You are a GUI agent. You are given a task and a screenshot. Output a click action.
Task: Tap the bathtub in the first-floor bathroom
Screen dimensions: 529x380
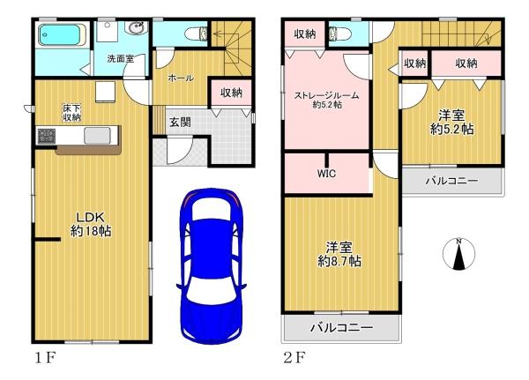(62, 34)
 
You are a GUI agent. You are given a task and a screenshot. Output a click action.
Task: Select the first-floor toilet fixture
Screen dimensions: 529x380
(197, 34)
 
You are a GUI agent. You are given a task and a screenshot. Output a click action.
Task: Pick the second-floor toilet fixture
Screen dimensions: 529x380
(340, 34)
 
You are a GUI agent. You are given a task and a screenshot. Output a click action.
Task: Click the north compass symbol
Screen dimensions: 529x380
(458, 254)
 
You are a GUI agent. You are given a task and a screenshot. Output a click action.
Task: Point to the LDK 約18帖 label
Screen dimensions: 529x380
(91, 224)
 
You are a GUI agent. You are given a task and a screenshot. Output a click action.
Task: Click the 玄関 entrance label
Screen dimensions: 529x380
(180, 122)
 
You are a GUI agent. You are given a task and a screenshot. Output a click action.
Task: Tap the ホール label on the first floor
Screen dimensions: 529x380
(181, 78)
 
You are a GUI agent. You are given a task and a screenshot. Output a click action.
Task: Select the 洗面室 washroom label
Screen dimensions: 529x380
(121, 59)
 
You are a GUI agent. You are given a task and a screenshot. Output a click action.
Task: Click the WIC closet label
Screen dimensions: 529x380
(326, 174)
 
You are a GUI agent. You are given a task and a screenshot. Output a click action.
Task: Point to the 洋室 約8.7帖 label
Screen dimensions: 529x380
(339, 255)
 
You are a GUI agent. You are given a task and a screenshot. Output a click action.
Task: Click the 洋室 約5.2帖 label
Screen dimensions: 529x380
(451, 123)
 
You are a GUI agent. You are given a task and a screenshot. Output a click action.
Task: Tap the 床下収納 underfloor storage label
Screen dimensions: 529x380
(71, 113)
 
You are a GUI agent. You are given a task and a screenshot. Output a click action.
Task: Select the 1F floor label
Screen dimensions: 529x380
(45, 358)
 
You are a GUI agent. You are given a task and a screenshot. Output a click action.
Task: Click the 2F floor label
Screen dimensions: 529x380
(294, 358)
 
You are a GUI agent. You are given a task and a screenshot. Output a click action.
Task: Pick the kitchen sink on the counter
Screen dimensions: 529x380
(97, 135)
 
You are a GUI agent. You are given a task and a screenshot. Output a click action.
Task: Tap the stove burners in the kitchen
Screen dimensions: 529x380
(46, 136)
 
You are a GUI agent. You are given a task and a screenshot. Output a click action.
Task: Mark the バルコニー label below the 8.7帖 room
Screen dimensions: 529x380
(341, 327)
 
